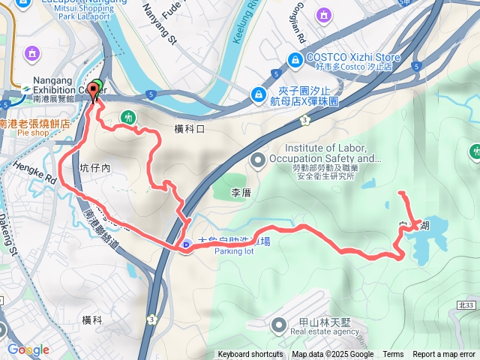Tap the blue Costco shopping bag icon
(x=295, y=59)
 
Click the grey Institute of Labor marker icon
(x=258, y=159)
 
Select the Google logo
(x=28, y=349)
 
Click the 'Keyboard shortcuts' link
(x=250, y=355)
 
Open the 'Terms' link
(x=393, y=355)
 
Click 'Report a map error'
(x=444, y=355)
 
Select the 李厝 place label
(x=240, y=193)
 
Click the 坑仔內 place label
(x=95, y=169)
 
